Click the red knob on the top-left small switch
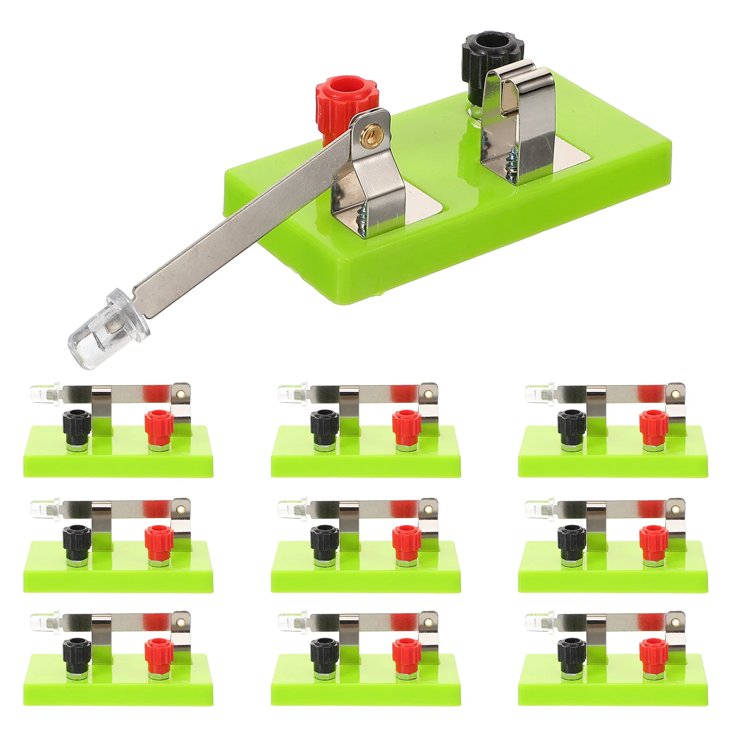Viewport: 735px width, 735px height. point(158,424)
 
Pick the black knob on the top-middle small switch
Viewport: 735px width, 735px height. point(324,424)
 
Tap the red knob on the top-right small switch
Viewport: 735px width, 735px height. point(653,424)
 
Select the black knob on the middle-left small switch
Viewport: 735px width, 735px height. point(77,539)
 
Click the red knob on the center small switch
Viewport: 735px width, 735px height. point(406,539)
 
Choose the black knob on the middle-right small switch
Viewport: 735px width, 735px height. point(571,539)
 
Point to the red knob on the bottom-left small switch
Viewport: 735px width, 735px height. point(158,652)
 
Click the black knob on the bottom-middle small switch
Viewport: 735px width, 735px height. point(324,652)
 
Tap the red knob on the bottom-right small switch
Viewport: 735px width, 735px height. point(653,652)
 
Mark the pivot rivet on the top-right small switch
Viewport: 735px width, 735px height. point(676,394)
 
